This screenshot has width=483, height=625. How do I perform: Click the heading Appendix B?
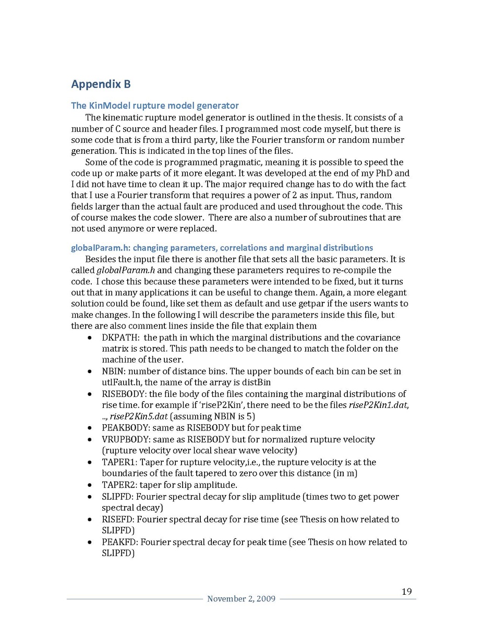101,84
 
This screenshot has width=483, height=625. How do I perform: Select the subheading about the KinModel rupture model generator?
155,106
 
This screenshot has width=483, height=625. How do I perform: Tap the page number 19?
407,591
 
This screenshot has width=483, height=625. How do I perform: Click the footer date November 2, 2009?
241,599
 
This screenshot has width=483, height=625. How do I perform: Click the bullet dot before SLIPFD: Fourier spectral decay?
91,497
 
